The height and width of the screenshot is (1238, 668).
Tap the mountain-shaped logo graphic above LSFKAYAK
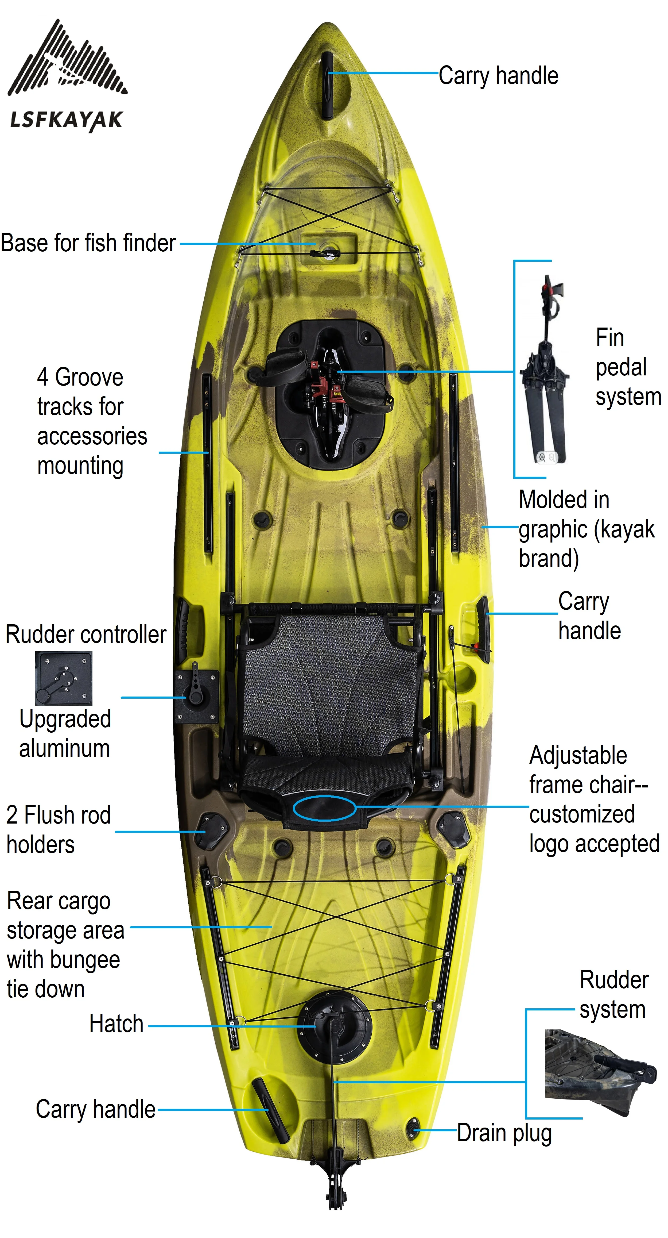coord(67,60)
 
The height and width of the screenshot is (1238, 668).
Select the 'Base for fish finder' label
coord(88,243)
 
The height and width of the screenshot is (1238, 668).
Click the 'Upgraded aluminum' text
coord(65,734)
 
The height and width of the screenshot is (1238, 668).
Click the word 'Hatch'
coord(116,1024)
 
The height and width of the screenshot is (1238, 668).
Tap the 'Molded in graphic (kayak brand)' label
coord(586,529)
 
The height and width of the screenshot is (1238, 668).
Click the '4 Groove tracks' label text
coord(91,421)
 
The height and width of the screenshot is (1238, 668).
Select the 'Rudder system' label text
coord(613,994)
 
